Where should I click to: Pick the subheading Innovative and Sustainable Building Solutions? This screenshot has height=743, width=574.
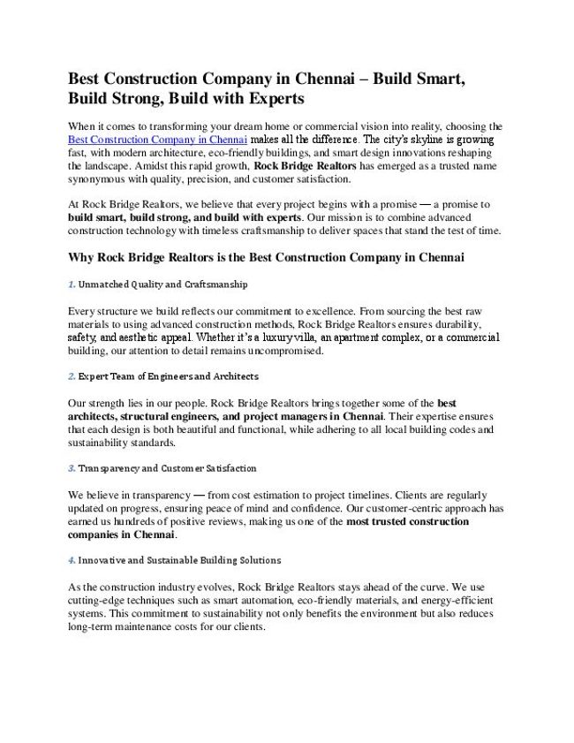click(x=179, y=560)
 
